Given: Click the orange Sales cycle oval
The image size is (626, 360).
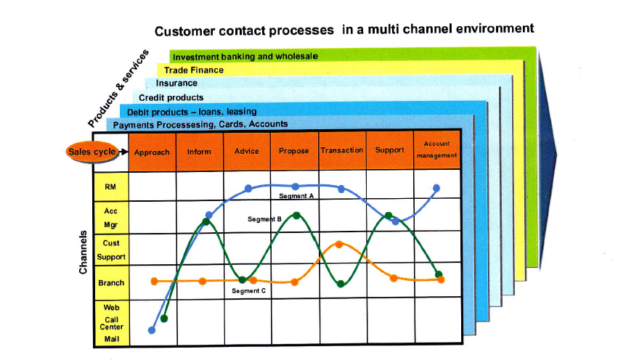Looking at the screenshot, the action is pyautogui.click(x=92, y=152).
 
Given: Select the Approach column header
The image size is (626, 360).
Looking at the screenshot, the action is pyautogui.click(x=152, y=152).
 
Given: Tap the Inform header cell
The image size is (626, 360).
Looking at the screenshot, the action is pyautogui.click(x=199, y=152).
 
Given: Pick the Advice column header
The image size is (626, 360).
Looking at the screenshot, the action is pyautogui.click(x=247, y=151).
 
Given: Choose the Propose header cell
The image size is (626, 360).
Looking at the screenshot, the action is pyautogui.click(x=294, y=151).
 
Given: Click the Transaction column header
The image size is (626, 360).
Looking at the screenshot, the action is pyautogui.click(x=342, y=150).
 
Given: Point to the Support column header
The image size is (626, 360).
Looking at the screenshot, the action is pyautogui.click(x=390, y=150).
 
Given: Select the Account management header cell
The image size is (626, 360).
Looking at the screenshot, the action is pyautogui.click(x=436, y=150).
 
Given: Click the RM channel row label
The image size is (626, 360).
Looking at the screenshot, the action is pyautogui.click(x=110, y=187).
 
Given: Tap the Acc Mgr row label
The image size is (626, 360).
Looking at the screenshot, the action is pyautogui.click(x=110, y=218).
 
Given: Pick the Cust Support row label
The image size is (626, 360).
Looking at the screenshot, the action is pyautogui.click(x=111, y=250).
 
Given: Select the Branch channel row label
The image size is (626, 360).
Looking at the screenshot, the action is pyautogui.click(x=111, y=283).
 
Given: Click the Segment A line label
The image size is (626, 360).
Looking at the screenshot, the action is pyautogui.click(x=296, y=196).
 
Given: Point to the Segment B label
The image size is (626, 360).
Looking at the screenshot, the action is pyautogui.click(x=264, y=219).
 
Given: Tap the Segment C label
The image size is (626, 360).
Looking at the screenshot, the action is pyautogui.click(x=248, y=291).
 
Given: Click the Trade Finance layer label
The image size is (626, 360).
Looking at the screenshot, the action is pyautogui.click(x=194, y=70).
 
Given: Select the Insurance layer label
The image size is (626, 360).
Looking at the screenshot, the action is pyautogui.click(x=176, y=83).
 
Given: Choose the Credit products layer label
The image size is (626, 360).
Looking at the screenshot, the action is pyautogui.click(x=171, y=97).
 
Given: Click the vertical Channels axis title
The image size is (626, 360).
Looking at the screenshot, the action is pyautogui.click(x=83, y=253).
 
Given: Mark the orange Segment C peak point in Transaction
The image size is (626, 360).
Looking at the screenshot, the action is pyautogui.click(x=339, y=245).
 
